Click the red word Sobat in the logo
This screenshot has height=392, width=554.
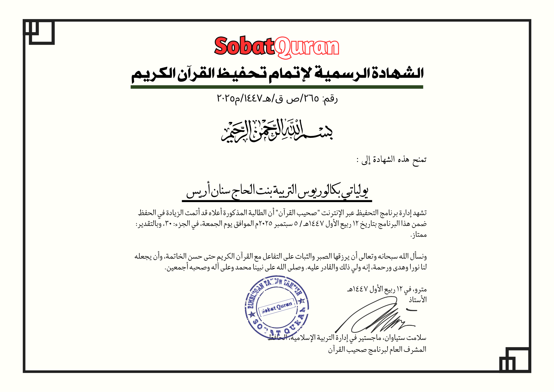coord(244,46)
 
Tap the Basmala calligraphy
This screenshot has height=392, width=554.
coord(277,130)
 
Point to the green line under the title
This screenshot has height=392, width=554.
coord(277,87)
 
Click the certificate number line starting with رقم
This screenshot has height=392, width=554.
coord(277,98)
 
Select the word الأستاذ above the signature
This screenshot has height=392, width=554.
coord(417,300)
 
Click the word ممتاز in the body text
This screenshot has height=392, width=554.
coord(419,235)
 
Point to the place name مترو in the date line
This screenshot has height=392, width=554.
coord(420,289)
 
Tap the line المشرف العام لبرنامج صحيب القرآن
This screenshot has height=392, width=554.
coord(377,350)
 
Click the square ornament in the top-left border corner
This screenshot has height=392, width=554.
coord(39,32)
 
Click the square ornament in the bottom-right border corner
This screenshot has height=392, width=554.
coord(515,360)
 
